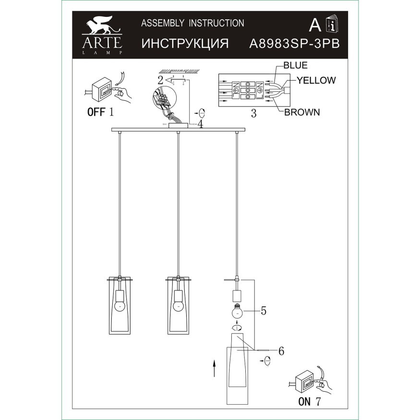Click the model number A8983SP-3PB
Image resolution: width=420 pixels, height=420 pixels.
[295, 43]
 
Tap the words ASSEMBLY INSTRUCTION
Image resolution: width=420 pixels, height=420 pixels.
[192, 23]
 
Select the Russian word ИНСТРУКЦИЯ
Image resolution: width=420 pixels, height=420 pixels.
[185, 43]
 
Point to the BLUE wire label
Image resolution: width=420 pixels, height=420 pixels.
[296, 66]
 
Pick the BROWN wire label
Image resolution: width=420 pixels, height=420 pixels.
[302, 113]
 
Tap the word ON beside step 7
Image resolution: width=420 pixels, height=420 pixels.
[304, 402]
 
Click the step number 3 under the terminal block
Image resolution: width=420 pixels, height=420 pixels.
[254, 114]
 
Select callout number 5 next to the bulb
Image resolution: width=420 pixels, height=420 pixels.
[264, 311]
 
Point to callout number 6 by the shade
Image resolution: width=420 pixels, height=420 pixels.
[281, 351]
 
